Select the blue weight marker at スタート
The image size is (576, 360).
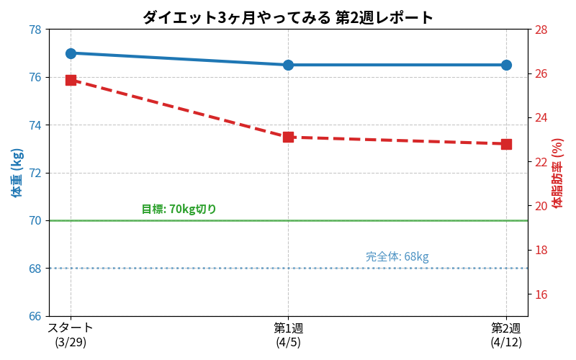[71, 53]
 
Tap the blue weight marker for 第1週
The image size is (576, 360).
[289, 66]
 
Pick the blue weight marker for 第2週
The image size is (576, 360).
[507, 66]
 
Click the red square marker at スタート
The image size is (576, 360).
[71, 81]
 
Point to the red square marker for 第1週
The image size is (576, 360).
[289, 138]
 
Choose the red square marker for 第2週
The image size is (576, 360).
[507, 144]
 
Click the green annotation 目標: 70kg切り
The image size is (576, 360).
[179, 209]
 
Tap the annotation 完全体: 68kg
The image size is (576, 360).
[397, 256]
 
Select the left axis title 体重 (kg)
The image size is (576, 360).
[17, 173]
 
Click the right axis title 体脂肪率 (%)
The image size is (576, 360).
[557, 173]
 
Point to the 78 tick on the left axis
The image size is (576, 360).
[35, 30]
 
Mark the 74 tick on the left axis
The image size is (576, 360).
[35, 125]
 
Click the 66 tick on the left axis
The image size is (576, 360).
[35, 316]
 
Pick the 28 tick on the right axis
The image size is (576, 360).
[541, 30]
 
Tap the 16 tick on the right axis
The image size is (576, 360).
[541, 294]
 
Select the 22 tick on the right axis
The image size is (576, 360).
[541, 162]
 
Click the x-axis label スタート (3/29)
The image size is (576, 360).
[71, 335]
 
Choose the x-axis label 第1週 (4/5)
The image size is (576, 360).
[289, 335]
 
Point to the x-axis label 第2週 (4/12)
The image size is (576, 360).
[506, 335]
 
